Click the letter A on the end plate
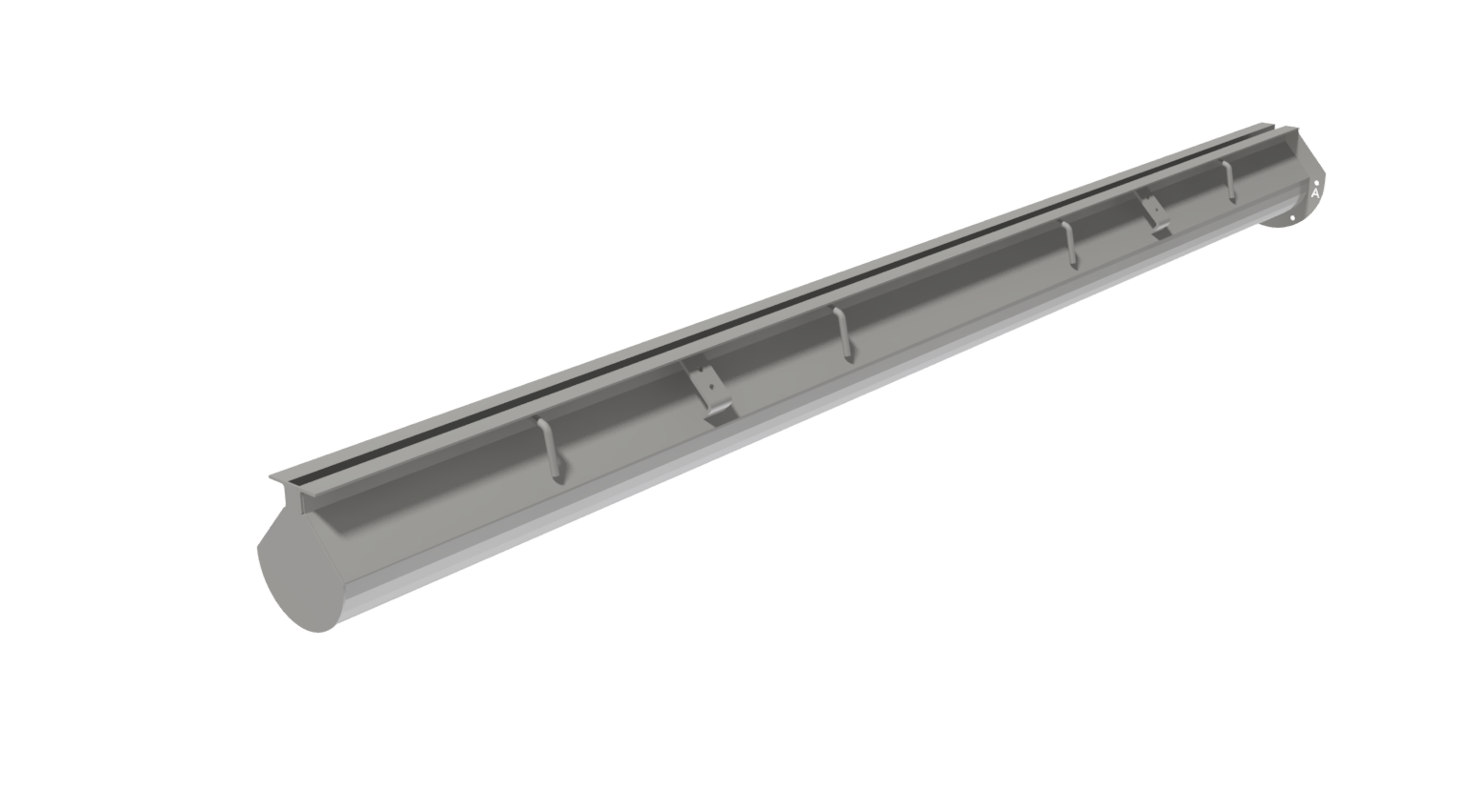(x=1315, y=193)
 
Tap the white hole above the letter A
(x=1316, y=182)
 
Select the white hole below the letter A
(x=1293, y=217)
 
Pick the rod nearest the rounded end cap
(x=550, y=449)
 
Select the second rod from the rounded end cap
(x=842, y=333)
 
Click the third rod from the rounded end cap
(x=1069, y=244)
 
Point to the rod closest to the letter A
(x=1229, y=181)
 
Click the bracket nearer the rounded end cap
(x=708, y=392)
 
